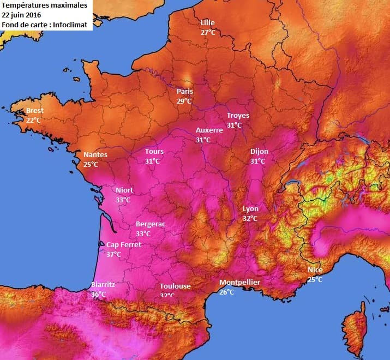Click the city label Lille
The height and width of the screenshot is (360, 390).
pyautogui.click(x=208, y=23)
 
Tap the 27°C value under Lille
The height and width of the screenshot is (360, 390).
pyautogui.click(x=208, y=33)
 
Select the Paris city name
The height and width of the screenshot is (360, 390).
pyautogui.click(x=184, y=92)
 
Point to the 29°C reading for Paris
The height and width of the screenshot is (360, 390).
pyautogui.click(x=184, y=101)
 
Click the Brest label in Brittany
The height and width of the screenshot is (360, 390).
pyautogui.click(x=35, y=111)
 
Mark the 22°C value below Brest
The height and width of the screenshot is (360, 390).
pyautogui.click(x=34, y=120)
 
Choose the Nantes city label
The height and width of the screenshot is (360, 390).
pyautogui.click(x=95, y=155)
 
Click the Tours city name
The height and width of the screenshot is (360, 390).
pyautogui.click(x=154, y=152)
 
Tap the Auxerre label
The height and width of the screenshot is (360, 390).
pyautogui.click(x=209, y=130)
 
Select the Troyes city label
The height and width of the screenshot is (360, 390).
pyautogui.click(x=238, y=116)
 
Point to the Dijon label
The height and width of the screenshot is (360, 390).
pyautogui.click(x=259, y=152)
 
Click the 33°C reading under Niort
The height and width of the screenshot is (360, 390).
pyautogui.click(x=123, y=200)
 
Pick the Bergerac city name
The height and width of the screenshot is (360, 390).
pyautogui.click(x=151, y=224)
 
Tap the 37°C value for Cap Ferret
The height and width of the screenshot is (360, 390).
pyautogui.click(x=113, y=255)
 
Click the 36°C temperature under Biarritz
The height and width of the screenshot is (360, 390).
pyautogui.click(x=99, y=295)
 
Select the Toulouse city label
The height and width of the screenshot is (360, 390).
pyautogui.click(x=175, y=286)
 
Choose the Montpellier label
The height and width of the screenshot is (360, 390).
pyautogui.click(x=239, y=283)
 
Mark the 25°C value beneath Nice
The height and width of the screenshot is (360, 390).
pyautogui.click(x=315, y=280)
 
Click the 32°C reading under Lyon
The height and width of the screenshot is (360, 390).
pyautogui.click(x=250, y=219)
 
